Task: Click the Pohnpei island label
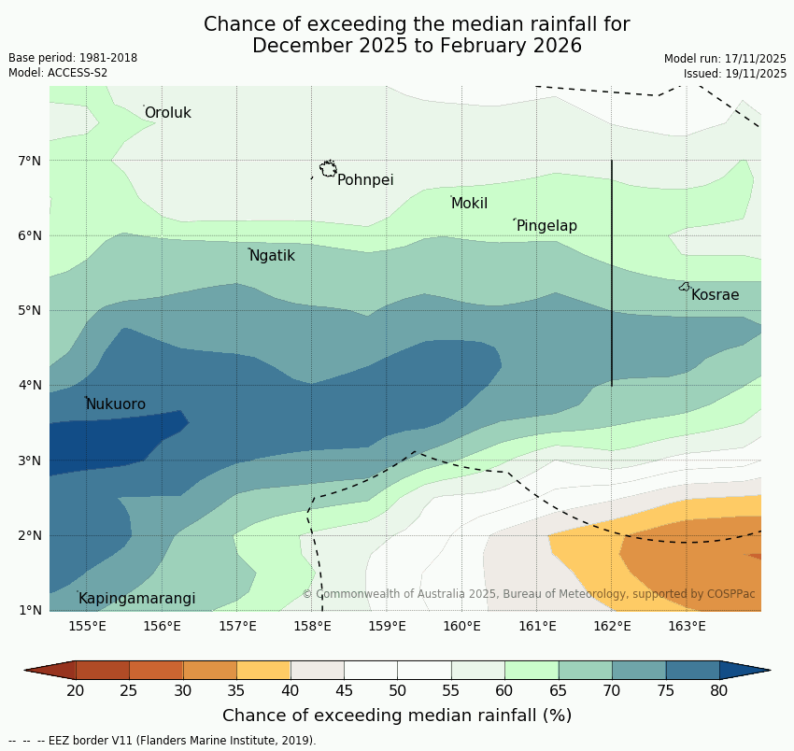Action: coord(365,180)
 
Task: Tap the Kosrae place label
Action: coord(715,295)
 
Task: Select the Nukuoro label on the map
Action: coord(116,404)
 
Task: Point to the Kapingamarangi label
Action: coord(137,599)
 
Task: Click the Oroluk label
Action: coord(167,113)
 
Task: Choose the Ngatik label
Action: coord(272,256)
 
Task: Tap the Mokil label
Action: coord(469,204)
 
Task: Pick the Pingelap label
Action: coord(546,226)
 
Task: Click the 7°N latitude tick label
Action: coord(30,161)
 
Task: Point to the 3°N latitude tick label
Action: coord(30,461)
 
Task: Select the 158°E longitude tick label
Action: coord(312,626)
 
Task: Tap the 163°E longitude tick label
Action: coord(687,626)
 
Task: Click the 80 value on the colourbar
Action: coord(719,691)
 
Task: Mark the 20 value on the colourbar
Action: coord(76,691)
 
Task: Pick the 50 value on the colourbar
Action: coord(398,691)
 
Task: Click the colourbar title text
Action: coord(397,716)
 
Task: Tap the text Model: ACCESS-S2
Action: coord(58,73)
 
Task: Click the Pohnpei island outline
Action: coord(328,169)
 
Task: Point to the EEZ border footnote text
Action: coord(163,741)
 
